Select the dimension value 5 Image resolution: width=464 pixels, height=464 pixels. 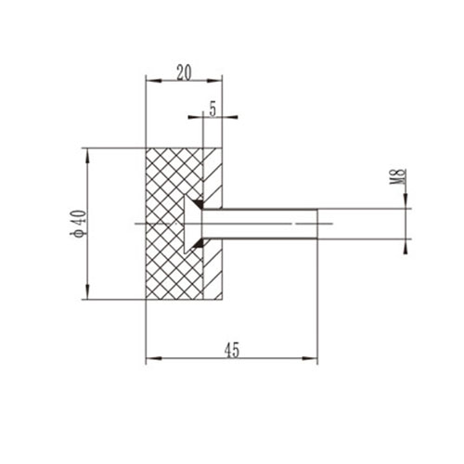pos(213,109)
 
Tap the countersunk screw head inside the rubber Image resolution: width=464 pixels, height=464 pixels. pos(193,224)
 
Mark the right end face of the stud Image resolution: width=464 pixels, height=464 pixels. pos(317,224)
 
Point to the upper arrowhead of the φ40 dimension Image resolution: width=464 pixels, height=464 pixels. pos(87,152)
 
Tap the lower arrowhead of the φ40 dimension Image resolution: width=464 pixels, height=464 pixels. pos(87,294)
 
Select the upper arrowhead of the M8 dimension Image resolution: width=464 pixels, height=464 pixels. pos(406,205)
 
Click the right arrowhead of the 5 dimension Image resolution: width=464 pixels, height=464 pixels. pos(226,117)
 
